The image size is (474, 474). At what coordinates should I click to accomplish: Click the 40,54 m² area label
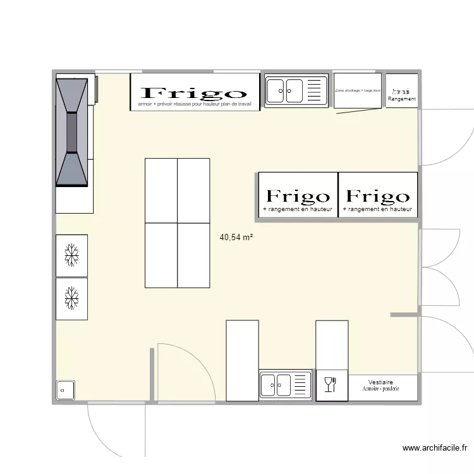tap(236, 238)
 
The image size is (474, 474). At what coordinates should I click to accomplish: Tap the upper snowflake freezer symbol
tap(71, 255)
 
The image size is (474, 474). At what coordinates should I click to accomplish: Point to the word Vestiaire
tap(380, 382)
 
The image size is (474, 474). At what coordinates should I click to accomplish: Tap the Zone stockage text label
tap(358, 90)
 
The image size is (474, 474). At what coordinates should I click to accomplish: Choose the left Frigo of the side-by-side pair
tap(297, 197)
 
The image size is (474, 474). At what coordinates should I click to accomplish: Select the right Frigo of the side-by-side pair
tap(377, 197)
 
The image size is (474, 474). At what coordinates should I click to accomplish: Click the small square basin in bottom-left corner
tap(65, 391)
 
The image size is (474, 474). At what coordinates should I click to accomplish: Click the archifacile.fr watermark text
tap(435, 449)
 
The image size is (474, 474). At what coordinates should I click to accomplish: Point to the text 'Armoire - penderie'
tap(380, 389)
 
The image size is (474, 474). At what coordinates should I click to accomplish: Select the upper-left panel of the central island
tap(161, 190)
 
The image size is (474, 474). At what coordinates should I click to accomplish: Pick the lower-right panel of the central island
tap(193, 255)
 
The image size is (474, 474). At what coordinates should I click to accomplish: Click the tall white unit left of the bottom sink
tap(242, 360)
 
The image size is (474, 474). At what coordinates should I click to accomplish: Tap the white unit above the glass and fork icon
tap(332, 344)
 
